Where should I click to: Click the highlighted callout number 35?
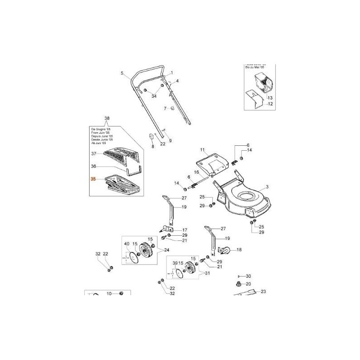pos(93,179)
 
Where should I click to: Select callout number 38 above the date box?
pos(107,119)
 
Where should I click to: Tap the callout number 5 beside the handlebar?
pos(122,73)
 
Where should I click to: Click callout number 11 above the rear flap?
pos(202,149)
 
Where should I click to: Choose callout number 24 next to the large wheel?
pos(166,250)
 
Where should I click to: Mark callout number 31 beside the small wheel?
pos(207,273)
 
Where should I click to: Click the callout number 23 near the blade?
pos(264,292)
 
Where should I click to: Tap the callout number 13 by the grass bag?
pos(270,98)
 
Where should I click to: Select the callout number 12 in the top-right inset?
pos(270,104)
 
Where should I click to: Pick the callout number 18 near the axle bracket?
pos(239,249)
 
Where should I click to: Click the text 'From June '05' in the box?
pos(98,133)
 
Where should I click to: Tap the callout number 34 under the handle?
pos(153,96)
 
